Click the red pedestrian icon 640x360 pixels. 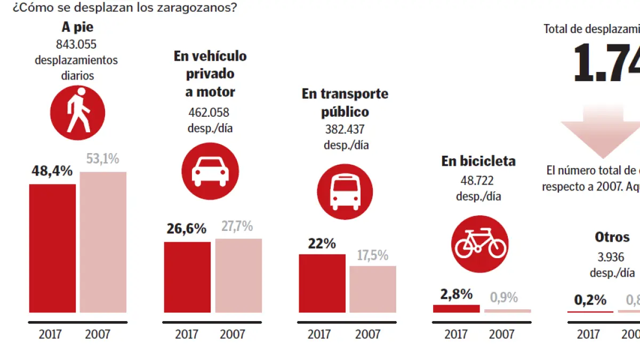click(x=77, y=113)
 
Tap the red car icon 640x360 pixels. click(x=209, y=171)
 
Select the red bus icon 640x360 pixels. click(x=345, y=191)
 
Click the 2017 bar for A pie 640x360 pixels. click(x=52, y=248)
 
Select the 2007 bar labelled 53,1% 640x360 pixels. click(x=103, y=242)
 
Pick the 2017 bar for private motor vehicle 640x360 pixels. click(x=187, y=277)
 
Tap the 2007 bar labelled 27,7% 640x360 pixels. click(x=238, y=275)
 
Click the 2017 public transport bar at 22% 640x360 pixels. click(x=322, y=283)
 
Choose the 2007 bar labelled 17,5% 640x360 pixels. click(x=373, y=289)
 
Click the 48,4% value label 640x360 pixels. click(x=52, y=171)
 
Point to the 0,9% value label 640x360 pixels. click(x=503, y=297)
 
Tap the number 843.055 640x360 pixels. click(x=76, y=44)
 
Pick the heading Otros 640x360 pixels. click(x=612, y=237)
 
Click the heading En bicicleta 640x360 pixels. click(x=478, y=161)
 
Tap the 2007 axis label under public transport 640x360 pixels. click(x=367, y=334)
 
